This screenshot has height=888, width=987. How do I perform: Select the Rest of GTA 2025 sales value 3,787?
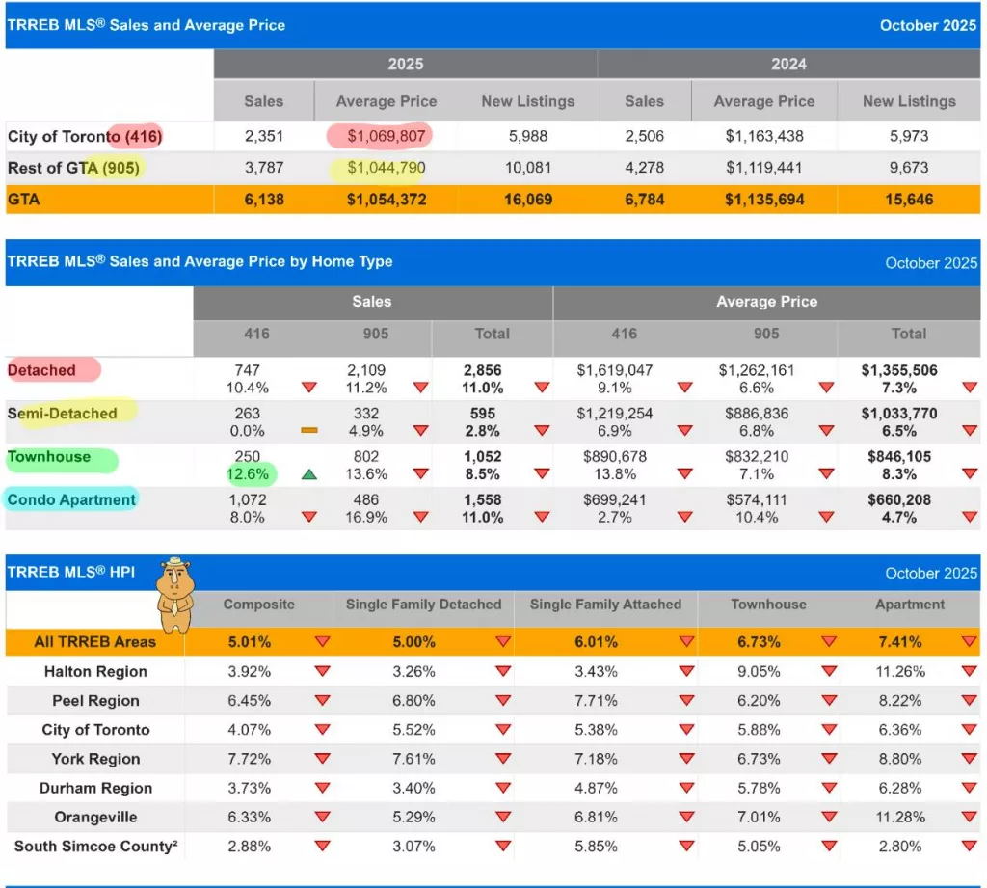pos(263,168)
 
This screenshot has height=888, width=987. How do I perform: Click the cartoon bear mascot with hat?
pos(174,595)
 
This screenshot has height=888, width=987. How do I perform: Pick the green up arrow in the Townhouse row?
pos(309,474)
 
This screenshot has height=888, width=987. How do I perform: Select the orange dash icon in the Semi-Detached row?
pos(309,431)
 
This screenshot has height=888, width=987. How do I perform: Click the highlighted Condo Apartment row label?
pos(71,499)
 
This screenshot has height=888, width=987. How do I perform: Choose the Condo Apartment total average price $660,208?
pos(898,500)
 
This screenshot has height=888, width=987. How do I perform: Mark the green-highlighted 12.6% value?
pos(250,474)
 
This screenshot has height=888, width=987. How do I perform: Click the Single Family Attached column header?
pos(605,605)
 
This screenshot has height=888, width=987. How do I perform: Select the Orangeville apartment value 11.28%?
pos(899,817)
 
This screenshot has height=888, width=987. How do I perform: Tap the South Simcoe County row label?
pos(93,846)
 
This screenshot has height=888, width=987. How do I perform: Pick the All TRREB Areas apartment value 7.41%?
pos(899,642)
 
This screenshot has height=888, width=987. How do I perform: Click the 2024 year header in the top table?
pos(788,65)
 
